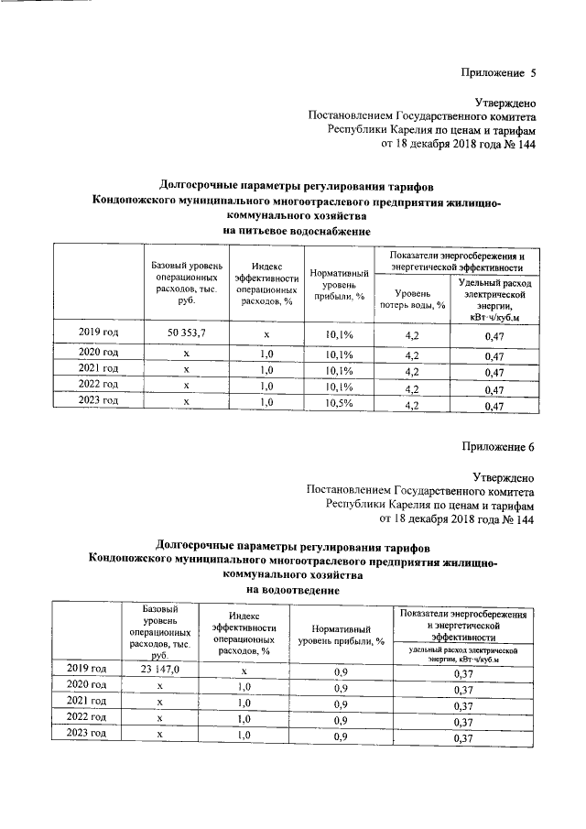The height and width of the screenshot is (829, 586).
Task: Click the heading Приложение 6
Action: (497, 446)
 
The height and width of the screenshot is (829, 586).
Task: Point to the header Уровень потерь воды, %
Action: (412, 299)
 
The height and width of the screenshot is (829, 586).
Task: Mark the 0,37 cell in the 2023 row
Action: (462, 737)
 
